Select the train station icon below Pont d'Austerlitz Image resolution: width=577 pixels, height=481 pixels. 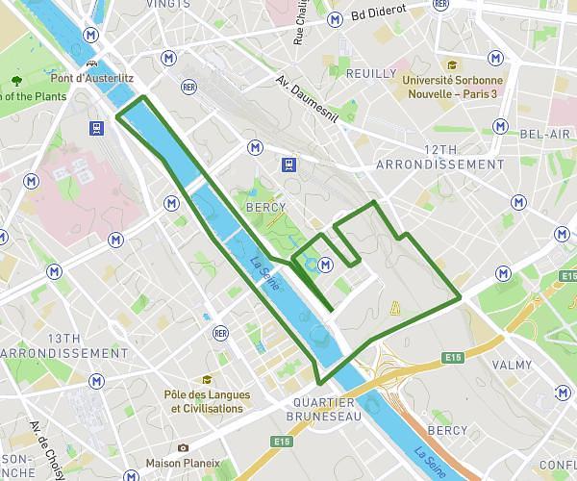pos(97,127)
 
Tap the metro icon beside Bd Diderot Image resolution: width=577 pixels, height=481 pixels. pos(336,17)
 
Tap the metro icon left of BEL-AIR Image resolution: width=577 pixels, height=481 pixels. pos(500,126)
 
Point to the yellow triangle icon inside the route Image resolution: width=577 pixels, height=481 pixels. pos(394,308)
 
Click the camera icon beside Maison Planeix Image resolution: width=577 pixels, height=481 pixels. pos(183,448)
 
